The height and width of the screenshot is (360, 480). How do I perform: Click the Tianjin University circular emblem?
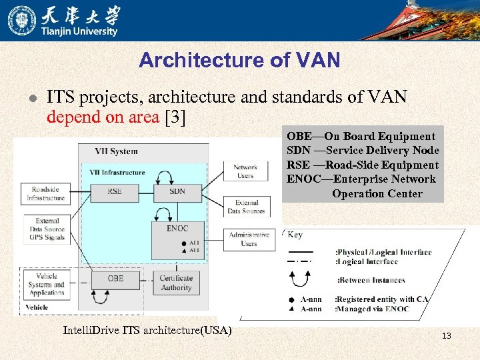(22, 20)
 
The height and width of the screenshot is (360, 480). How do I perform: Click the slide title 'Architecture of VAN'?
(239, 61)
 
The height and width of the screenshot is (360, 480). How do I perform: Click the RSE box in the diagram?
(115, 191)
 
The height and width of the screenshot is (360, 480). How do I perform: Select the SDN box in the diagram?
(177, 191)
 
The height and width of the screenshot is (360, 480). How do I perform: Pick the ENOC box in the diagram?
(177, 229)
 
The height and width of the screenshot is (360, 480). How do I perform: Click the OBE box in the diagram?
(115, 278)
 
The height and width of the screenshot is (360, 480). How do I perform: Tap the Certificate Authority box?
(176, 283)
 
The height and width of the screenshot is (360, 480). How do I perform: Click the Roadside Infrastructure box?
(46, 193)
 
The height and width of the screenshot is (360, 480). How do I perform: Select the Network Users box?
(245, 171)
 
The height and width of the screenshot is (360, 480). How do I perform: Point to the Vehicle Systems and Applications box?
(47, 284)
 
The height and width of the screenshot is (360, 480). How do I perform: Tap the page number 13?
(446, 335)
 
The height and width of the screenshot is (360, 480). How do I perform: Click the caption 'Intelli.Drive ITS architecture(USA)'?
(147, 330)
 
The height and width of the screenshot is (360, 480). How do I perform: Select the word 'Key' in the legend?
(295, 235)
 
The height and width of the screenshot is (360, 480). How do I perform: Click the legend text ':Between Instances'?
(371, 280)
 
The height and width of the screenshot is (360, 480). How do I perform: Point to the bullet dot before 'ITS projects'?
(31, 98)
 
